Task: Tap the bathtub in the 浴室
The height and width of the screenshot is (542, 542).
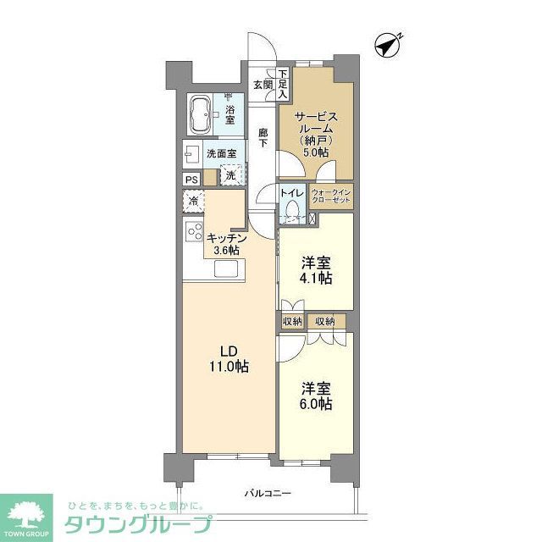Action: [x=201, y=114]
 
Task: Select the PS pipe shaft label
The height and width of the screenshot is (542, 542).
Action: [x=192, y=179]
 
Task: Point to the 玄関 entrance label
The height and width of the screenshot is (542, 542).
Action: [x=262, y=85]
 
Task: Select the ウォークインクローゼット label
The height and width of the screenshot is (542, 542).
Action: [x=336, y=198]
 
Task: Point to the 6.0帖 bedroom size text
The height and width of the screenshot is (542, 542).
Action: [x=316, y=404]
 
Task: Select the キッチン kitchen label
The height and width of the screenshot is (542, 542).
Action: [x=227, y=238]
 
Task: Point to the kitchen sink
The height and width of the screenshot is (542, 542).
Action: [x=228, y=269]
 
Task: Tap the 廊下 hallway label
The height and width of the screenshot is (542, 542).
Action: [x=263, y=137]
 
